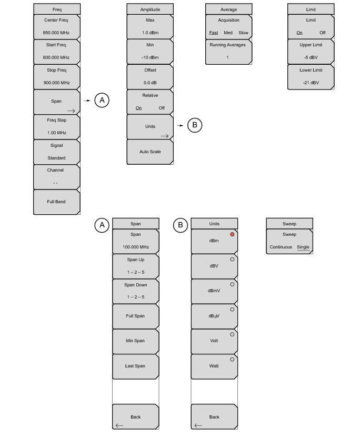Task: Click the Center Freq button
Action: [57, 26]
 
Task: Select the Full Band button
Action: [57, 202]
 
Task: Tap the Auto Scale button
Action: [150, 152]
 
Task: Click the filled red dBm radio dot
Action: [232, 234]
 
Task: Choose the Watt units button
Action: [214, 366]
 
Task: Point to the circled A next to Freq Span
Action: [102, 99]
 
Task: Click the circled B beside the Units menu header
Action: [181, 225]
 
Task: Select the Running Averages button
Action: [228, 51]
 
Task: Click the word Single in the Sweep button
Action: [303, 247]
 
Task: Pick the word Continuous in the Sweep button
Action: [281, 247]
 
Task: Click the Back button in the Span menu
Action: [135, 417]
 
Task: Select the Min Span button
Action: [135, 341]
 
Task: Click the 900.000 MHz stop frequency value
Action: [57, 83]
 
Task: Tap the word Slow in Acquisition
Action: [243, 33]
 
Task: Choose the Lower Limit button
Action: [311, 76]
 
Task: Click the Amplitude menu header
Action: [150, 9]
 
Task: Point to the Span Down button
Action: [135, 291]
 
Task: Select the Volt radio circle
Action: [232, 334]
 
